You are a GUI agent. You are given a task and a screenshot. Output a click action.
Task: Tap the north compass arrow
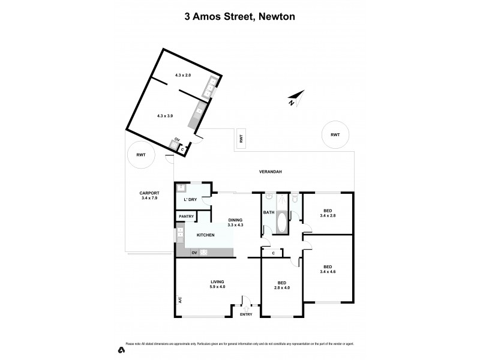295,98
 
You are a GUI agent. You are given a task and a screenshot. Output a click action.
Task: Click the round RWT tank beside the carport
141,155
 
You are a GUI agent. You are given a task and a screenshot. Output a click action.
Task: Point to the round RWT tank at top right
335,135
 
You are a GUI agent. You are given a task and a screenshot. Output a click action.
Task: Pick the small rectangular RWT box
241,138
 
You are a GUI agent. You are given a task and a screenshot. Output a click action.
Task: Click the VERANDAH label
271,172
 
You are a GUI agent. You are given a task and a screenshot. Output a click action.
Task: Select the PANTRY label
185,217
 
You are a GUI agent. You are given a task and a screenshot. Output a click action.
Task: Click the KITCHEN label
205,235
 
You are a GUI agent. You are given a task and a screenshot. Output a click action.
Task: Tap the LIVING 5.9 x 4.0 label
217,284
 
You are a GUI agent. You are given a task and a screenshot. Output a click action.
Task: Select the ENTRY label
246,314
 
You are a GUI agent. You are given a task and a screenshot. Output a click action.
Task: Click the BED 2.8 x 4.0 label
281,285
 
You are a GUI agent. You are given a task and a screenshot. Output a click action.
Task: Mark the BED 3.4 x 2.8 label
328,213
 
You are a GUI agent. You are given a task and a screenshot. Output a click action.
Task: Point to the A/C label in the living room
179,299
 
